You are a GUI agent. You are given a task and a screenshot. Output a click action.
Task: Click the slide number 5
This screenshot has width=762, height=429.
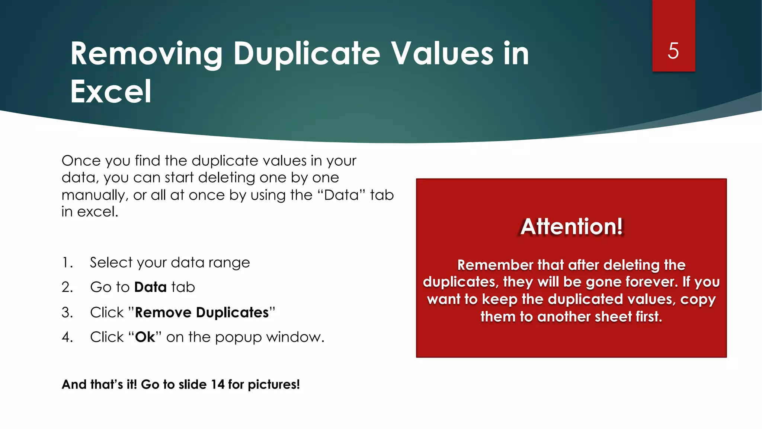tap(673, 51)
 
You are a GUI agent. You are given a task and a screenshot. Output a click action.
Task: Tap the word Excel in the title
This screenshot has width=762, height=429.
tap(111, 92)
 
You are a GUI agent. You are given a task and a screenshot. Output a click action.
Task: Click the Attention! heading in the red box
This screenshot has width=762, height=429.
tap(571, 226)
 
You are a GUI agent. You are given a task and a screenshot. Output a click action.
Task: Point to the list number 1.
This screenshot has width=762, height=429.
tap(67, 263)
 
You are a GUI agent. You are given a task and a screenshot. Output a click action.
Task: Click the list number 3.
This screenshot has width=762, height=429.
tap(67, 312)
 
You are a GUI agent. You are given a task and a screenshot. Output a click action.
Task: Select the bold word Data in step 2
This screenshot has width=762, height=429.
tap(150, 287)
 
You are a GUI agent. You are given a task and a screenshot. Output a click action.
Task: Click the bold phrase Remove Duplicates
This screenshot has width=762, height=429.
tap(202, 312)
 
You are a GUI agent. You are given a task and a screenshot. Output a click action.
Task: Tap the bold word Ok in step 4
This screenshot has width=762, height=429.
tap(145, 337)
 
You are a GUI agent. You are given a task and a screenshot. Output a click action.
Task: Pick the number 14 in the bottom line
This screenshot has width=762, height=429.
tap(218, 384)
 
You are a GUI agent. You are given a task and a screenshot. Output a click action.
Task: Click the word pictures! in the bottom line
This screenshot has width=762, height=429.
tap(273, 385)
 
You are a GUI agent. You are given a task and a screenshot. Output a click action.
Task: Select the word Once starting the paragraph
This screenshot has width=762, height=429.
tap(81, 161)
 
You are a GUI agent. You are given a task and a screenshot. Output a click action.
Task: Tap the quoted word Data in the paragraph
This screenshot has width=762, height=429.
tap(342, 195)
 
